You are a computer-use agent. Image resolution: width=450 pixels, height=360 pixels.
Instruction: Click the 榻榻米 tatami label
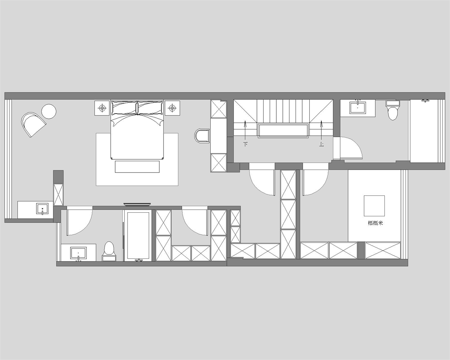[x=375, y=223]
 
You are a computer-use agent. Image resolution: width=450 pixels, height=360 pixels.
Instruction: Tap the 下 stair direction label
[x=246, y=144]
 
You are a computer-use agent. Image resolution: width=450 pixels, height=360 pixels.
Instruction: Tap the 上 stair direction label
[x=321, y=144]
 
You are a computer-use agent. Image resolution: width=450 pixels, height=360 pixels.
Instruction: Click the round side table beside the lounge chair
[x=49, y=111]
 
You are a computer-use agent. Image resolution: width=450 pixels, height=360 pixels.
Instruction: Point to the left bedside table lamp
[x=102, y=108]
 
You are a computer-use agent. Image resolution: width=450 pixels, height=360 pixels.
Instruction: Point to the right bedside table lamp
[x=172, y=108]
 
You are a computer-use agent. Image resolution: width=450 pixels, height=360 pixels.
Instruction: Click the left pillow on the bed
[x=124, y=108]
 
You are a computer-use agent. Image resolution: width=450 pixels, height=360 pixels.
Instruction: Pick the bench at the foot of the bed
[x=137, y=167]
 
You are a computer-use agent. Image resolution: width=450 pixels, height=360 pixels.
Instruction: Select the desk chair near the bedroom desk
[x=202, y=136]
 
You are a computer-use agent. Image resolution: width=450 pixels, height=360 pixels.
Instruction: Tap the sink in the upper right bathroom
[x=358, y=108]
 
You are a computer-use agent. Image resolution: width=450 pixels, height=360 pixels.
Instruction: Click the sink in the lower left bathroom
[x=78, y=253]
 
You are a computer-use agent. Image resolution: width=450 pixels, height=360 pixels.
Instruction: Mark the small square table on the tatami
[x=374, y=206]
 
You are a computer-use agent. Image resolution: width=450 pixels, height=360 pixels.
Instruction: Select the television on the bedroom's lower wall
[x=137, y=204]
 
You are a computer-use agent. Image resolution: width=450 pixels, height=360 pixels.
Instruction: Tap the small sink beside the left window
[x=42, y=209]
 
